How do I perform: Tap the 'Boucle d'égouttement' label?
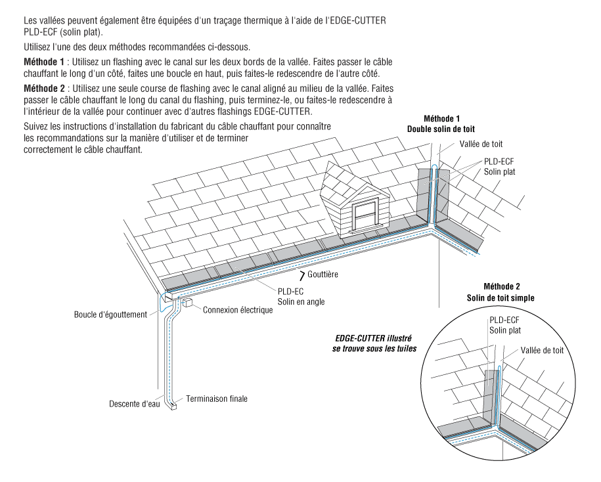[x=110, y=315]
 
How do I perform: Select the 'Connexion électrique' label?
[x=237, y=310]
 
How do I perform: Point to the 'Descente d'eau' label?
[x=135, y=404]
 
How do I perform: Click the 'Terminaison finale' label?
[x=217, y=398]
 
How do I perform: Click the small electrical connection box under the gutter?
[x=188, y=303]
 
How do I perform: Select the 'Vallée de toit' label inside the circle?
[x=542, y=351]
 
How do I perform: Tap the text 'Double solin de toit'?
[x=441, y=129]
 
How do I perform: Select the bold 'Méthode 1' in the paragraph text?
[x=45, y=60]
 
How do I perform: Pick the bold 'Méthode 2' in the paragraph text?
[x=45, y=87]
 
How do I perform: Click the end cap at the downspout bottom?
[x=173, y=406]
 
